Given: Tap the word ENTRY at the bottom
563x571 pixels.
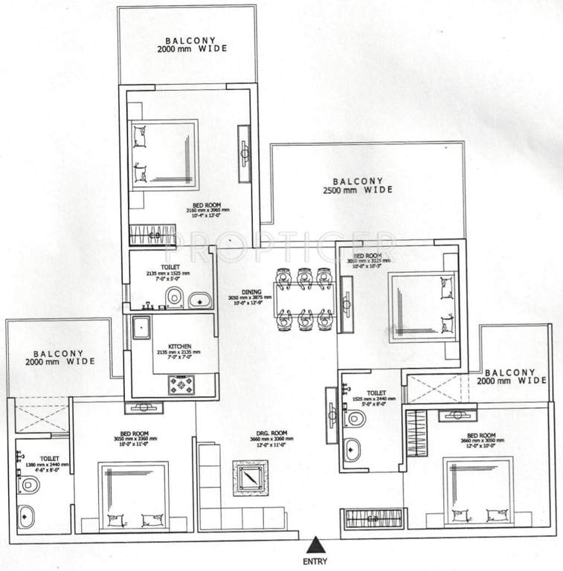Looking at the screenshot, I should [316, 561].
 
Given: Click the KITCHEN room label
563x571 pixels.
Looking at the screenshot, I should [180, 347].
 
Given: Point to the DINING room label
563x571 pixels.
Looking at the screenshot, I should [251, 293].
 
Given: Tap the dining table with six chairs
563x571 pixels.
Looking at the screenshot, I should [303, 299].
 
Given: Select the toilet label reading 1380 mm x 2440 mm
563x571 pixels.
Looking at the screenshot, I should [31, 465].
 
